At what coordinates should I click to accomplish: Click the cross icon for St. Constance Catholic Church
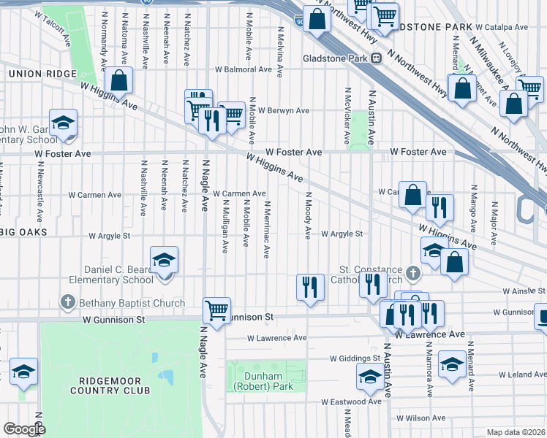(x=414, y=274)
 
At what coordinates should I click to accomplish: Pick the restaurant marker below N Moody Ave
(x=311, y=288)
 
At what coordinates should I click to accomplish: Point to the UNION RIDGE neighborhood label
(x=42, y=74)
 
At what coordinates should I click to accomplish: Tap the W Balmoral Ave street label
(x=244, y=70)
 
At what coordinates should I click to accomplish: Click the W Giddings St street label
(x=355, y=358)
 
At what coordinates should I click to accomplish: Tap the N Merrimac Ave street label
(x=267, y=230)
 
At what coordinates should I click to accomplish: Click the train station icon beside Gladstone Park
(x=376, y=58)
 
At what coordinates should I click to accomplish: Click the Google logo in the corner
(x=23, y=429)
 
